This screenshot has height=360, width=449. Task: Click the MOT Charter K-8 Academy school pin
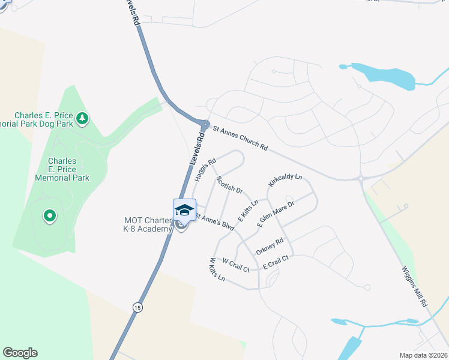[x=184, y=211]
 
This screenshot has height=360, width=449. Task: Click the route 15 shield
[x=138, y=307]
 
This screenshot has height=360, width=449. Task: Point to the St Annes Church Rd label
[x=240, y=137]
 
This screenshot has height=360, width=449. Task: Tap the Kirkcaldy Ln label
[x=285, y=181]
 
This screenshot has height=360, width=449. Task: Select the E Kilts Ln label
[x=248, y=211]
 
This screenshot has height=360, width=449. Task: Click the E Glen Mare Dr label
[x=276, y=214]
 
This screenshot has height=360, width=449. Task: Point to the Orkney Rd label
[x=269, y=247]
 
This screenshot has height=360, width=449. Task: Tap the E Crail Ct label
[x=275, y=259]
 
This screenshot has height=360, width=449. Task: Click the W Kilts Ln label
[x=217, y=270]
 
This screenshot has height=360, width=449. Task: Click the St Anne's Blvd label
[x=213, y=221]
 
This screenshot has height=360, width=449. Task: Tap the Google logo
[x=20, y=353]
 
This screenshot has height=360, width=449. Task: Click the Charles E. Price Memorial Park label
[x=62, y=169]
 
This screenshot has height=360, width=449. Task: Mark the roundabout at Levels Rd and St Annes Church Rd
[x=206, y=125]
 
